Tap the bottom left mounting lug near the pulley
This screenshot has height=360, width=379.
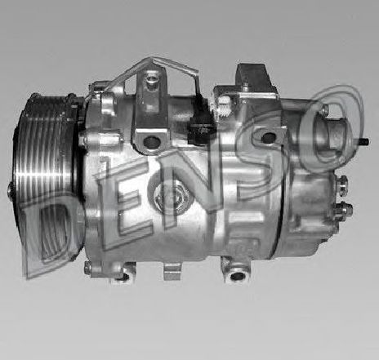coord(118,269)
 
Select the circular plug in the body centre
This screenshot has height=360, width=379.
coord(171,194)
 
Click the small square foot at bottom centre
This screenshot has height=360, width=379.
coord(172,269)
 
